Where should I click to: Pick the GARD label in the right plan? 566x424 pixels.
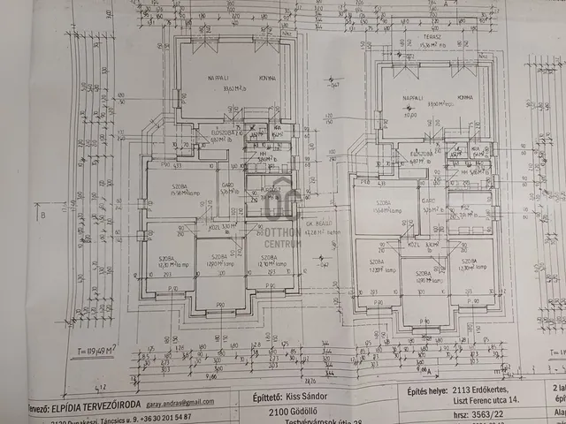click(x=429, y=201)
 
